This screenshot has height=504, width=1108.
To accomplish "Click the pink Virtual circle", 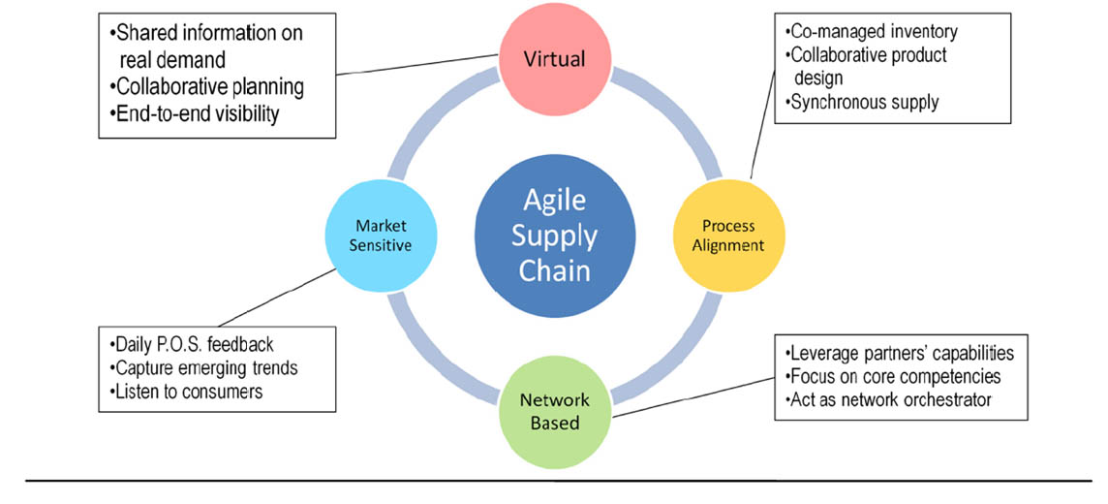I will click(554, 58).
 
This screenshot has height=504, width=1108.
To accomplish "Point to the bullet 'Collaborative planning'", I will click(209, 86).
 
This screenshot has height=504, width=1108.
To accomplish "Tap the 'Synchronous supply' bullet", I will click(864, 102).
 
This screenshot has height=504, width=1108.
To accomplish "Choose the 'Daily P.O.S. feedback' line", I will click(193, 345).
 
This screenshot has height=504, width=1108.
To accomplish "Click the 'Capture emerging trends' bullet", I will click(206, 368).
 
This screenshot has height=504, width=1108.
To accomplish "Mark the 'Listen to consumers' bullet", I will click(188, 392).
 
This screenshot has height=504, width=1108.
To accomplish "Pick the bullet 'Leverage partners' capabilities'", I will click(902, 352).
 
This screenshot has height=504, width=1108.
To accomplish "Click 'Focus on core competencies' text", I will click(896, 376).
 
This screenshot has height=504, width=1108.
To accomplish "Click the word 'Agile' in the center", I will click(555, 201).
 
